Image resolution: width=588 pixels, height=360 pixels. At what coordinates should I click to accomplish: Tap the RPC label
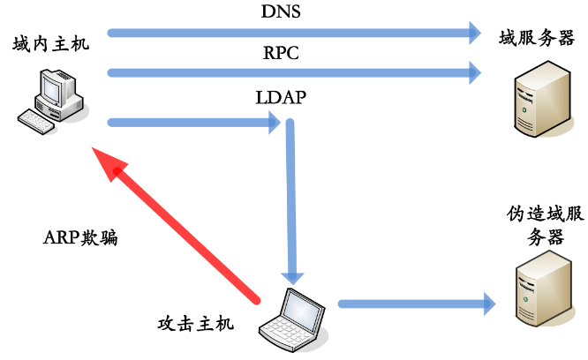pyautogui.click(x=282, y=53)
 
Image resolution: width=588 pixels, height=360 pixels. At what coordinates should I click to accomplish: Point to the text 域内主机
pyautogui.click(x=50, y=44)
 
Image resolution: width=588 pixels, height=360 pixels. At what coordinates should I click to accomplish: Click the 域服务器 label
pyautogui.click(x=537, y=38)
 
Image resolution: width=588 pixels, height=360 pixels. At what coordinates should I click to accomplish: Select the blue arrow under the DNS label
pyautogui.click(x=291, y=34)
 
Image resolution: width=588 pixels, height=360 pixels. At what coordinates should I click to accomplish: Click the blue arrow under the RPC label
pyautogui.click(x=291, y=72)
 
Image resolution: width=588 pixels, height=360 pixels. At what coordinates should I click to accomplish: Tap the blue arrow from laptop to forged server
pyautogui.click(x=415, y=304)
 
